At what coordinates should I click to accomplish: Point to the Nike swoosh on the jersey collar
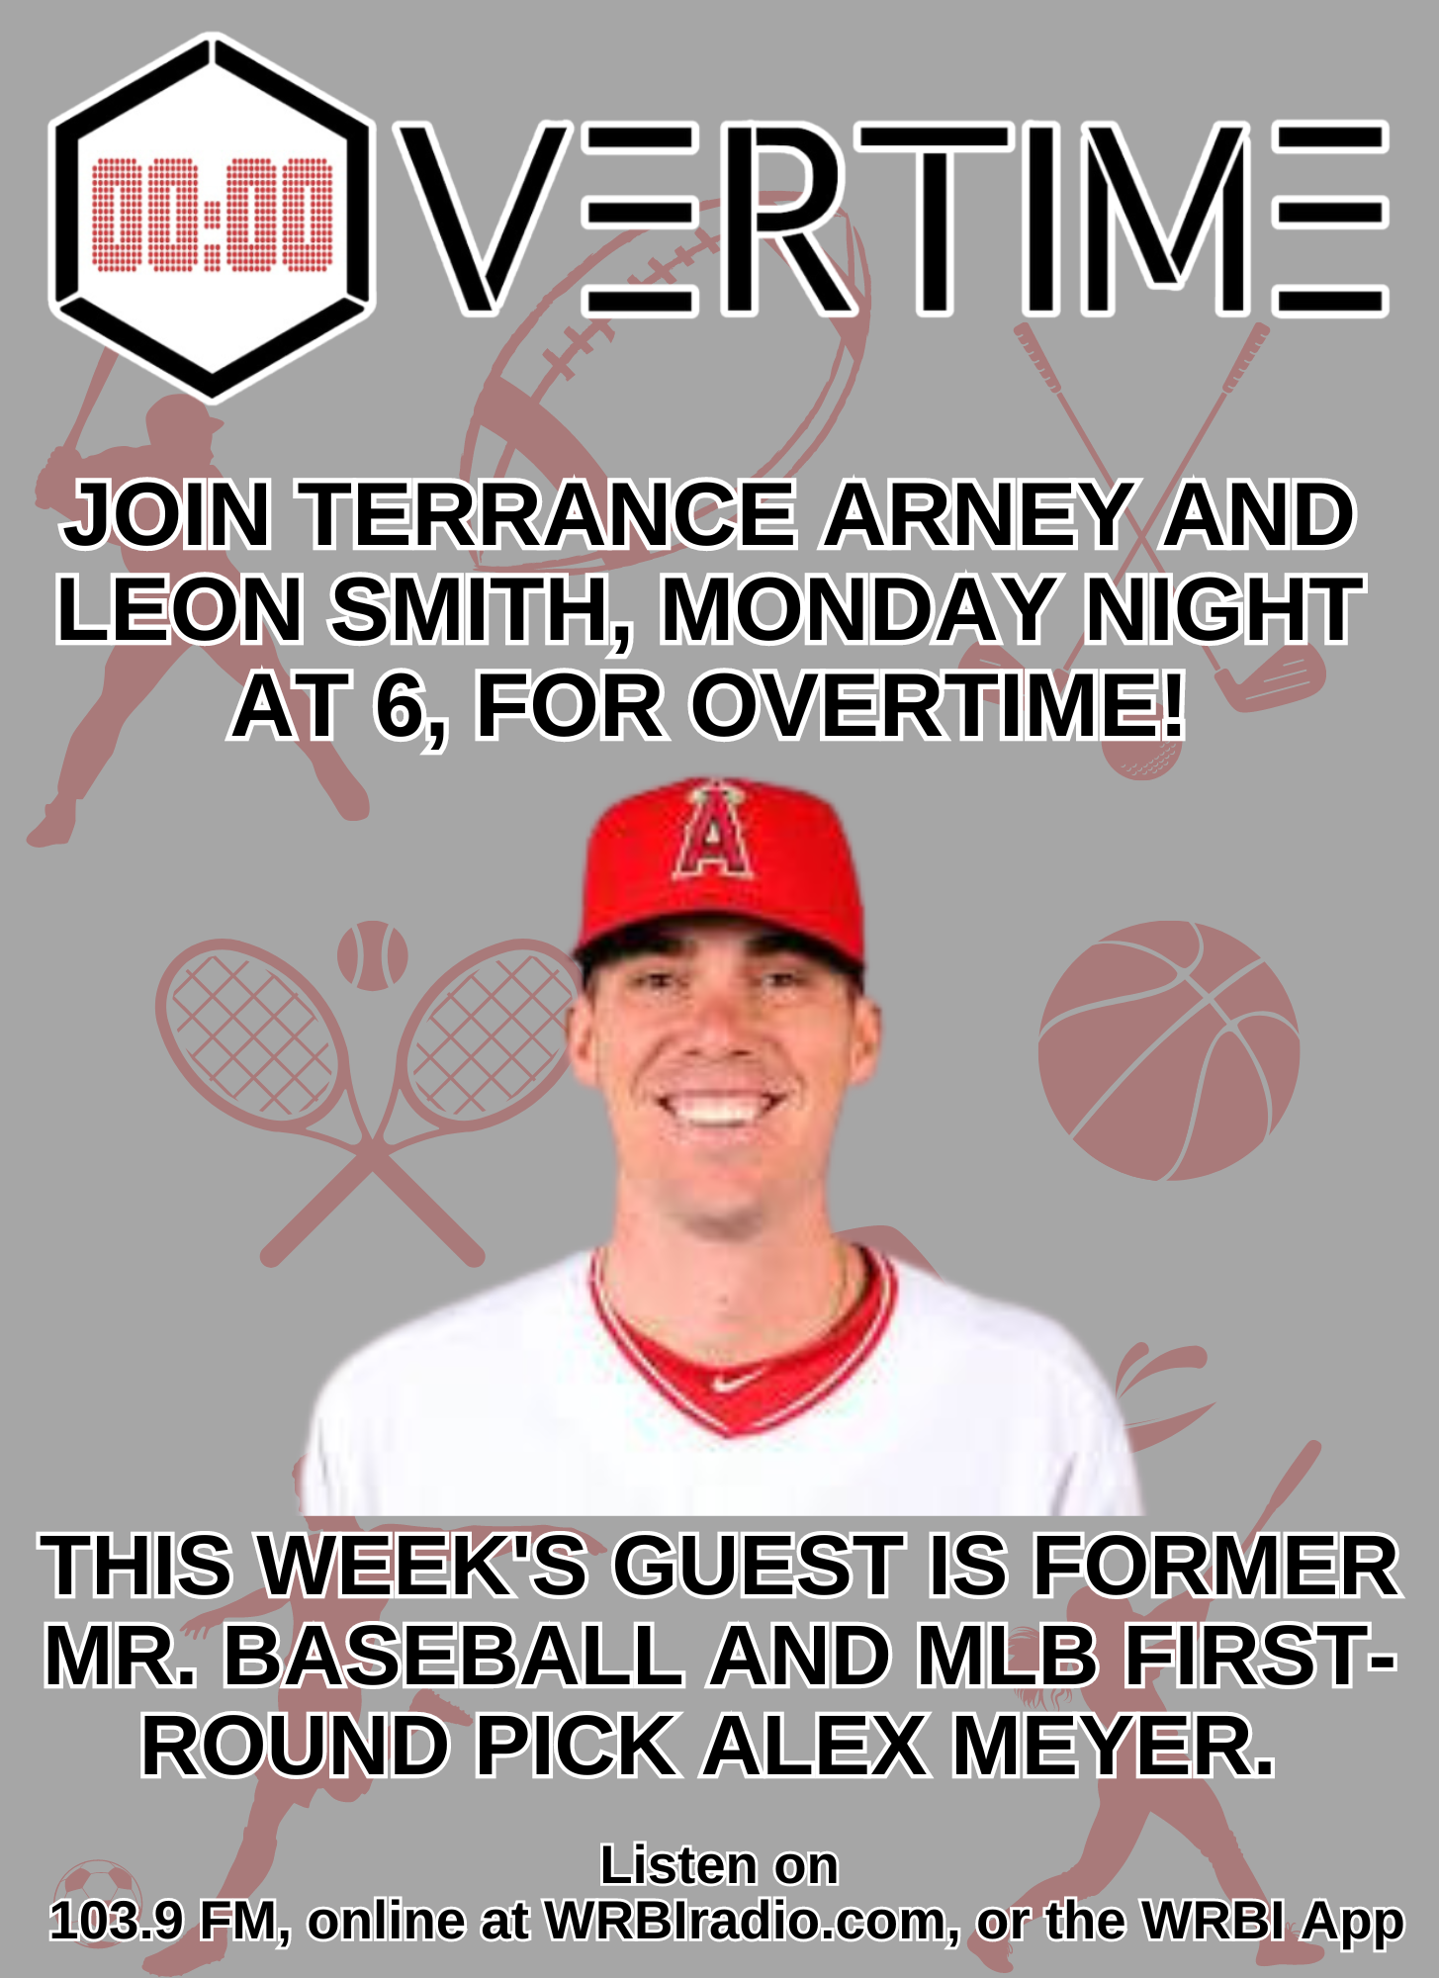click(x=736, y=1381)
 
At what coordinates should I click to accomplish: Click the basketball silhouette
click(x=1168, y=1050)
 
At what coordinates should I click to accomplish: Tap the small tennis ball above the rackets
click(x=372, y=955)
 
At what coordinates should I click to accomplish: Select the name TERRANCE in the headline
click(x=549, y=514)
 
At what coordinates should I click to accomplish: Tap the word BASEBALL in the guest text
click(x=453, y=1656)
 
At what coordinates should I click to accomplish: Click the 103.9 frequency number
click(x=117, y=1921)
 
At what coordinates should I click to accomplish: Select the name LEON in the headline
click(x=179, y=609)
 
